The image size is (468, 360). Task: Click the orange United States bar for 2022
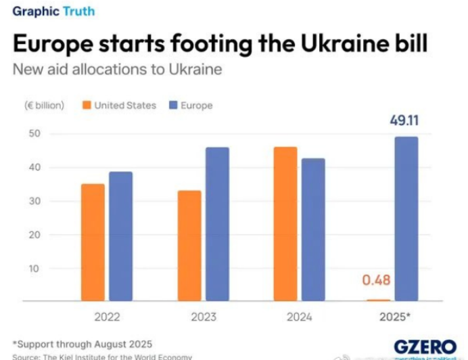93,242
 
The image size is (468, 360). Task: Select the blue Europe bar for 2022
120,236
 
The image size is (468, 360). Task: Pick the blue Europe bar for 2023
217,224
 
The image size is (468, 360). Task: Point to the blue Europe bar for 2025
406,219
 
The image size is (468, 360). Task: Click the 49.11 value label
404,121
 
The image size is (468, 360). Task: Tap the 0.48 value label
376,280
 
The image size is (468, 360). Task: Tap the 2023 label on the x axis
204,317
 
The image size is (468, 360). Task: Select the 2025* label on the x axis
394,317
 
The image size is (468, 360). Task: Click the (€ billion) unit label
45,106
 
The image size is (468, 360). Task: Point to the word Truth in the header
78,12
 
